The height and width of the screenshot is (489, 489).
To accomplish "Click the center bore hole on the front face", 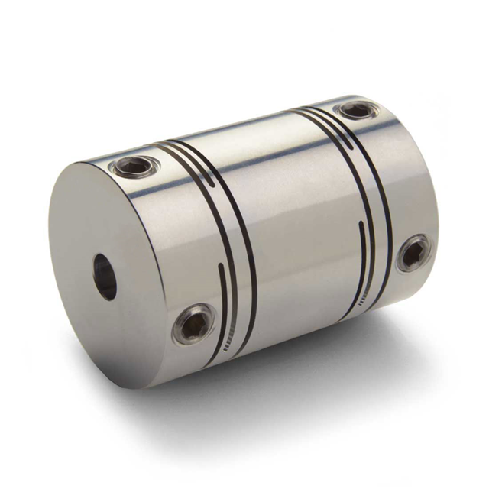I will [x=105, y=277].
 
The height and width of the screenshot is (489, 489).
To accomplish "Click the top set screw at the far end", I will [x=358, y=110].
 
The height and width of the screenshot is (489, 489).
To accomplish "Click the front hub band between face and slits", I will [x=164, y=252].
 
